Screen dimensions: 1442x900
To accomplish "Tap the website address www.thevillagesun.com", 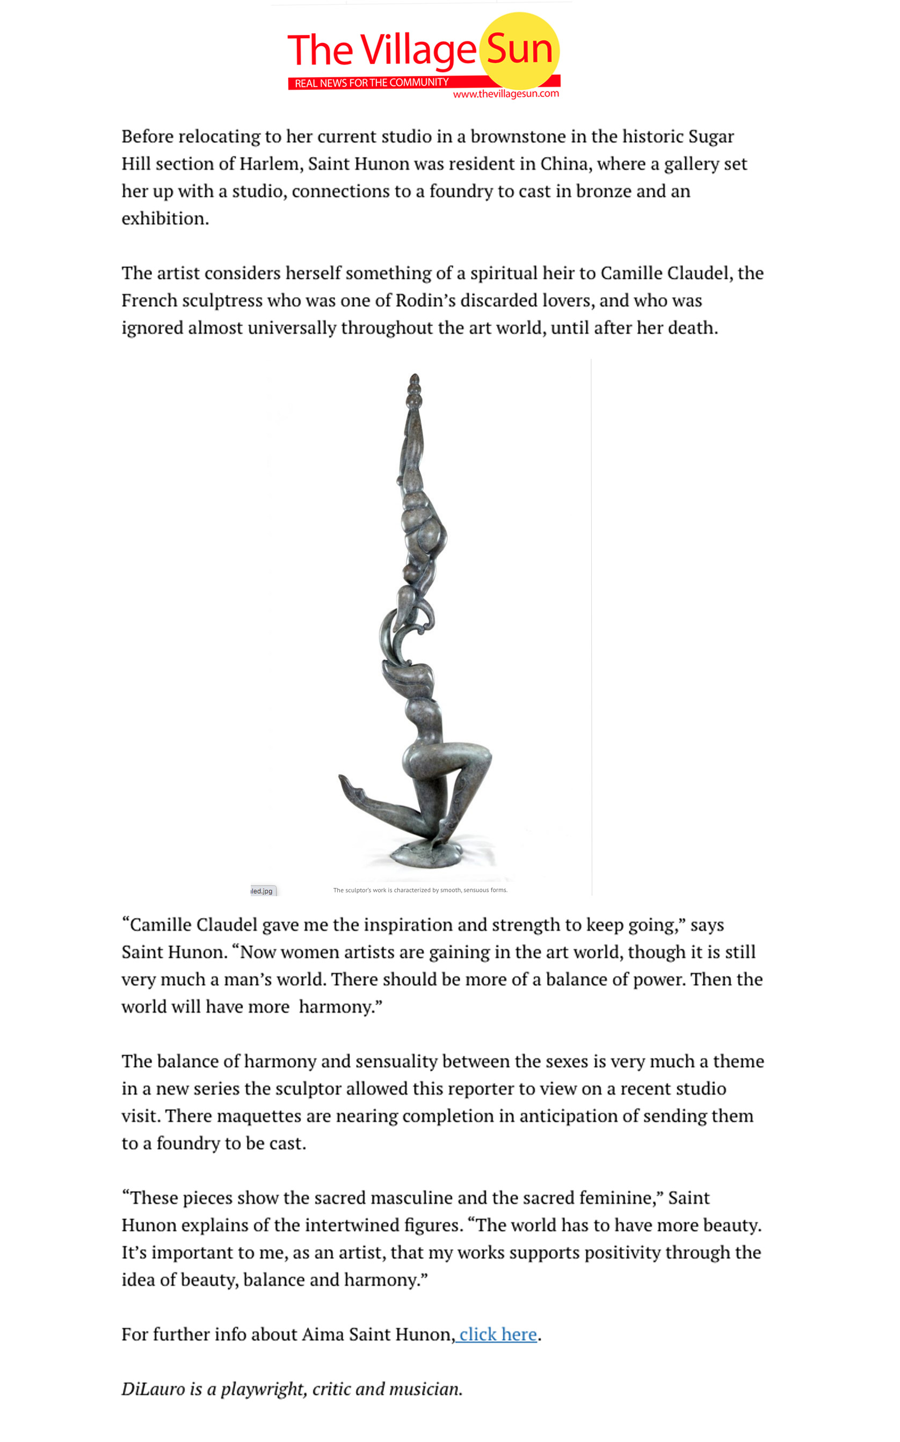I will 506,94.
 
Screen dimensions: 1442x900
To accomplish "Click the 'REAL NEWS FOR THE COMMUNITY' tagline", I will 372,83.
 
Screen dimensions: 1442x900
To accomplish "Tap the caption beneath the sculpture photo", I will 420,890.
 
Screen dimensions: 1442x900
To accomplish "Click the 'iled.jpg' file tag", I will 262,891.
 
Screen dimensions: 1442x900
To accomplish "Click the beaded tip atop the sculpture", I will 414,390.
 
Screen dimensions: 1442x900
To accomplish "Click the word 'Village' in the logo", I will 418,51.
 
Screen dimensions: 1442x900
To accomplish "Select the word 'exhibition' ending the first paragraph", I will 164,219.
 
